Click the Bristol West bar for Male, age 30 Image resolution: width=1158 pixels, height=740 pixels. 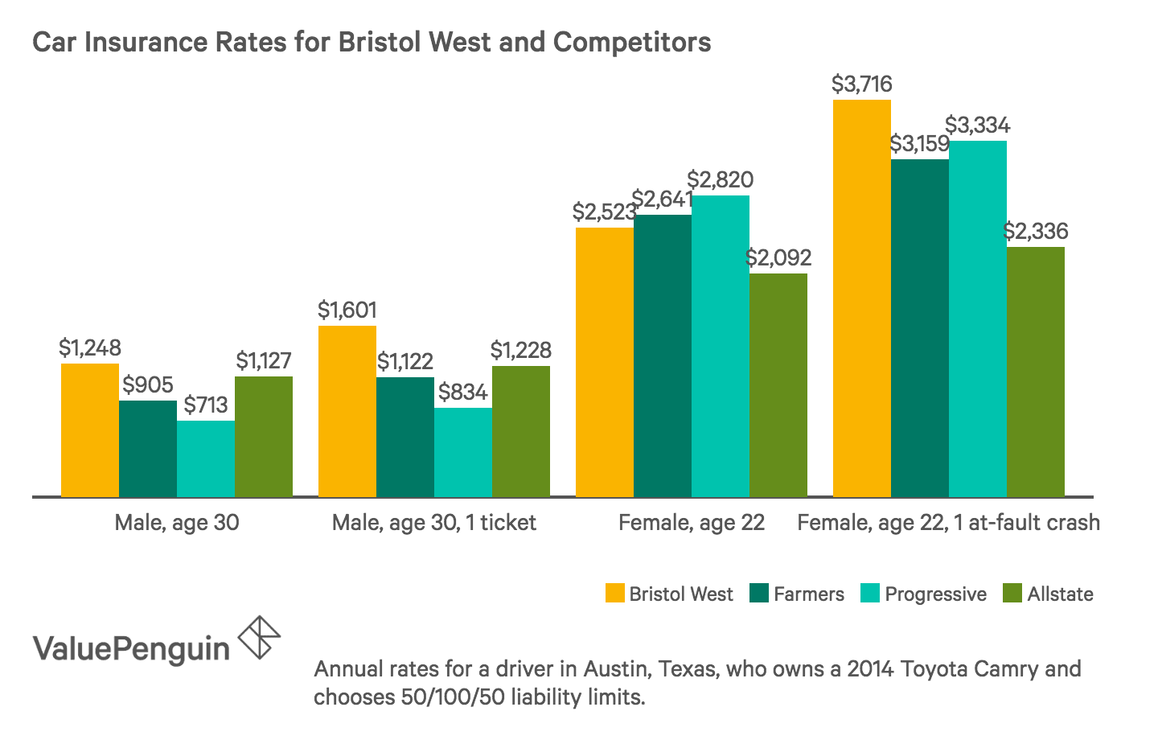coord(90,430)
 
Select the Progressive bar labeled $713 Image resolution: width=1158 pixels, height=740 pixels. coord(206,458)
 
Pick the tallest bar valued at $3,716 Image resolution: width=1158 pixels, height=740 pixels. coord(862,298)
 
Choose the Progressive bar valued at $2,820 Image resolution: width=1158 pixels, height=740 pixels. coord(721,346)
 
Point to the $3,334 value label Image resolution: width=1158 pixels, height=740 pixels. coord(977,125)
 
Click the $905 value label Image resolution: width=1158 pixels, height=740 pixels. coord(148,385)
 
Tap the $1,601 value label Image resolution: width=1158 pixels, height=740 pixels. coord(347,310)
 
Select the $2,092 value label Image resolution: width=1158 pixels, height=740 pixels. coord(778,258)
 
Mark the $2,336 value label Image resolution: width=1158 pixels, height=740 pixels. coord(1036,232)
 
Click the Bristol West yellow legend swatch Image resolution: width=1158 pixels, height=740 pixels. coord(614,594)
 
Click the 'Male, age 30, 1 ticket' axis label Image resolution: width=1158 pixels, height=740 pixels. coord(434,523)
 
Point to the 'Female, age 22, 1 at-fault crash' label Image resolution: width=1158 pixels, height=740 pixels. coord(948,523)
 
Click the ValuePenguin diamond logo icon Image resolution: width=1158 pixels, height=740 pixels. coord(260,637)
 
